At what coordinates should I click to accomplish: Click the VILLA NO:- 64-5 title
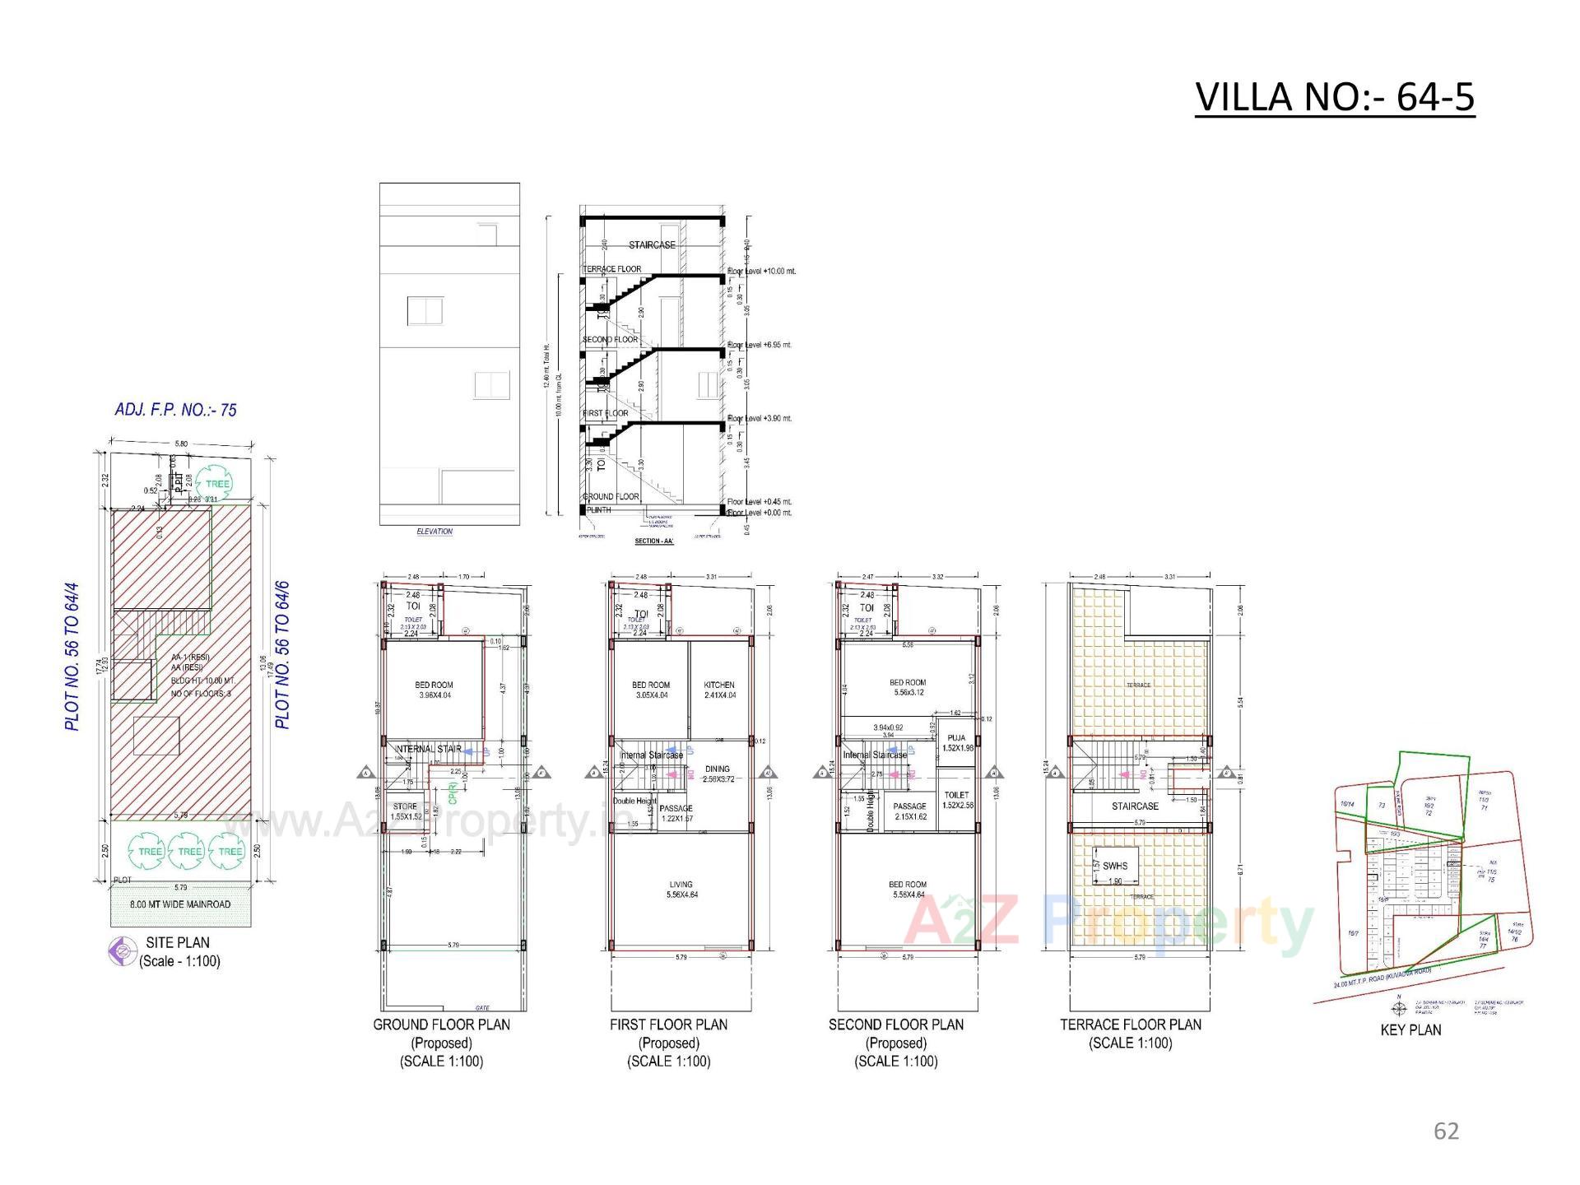click(x=1334, y=97)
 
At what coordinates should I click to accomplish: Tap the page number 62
click(x=1446, y=1132)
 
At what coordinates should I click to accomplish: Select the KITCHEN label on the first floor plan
click(x=719, y=690)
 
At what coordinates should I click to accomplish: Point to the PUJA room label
click(x=956, y=742)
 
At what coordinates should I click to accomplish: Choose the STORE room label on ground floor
click(x=406, y=811)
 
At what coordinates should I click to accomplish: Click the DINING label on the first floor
click(x=718, y=774)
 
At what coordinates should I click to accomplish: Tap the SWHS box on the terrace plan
click(x=1115, y=867)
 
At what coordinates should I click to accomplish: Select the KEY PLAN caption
click(x=1410, y=1029)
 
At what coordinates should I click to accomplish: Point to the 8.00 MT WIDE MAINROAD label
click(x=180, y=904)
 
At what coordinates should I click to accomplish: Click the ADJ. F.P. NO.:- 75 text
click(x=175, y=410)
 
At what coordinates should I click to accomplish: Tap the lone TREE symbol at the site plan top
click(x=217, y=484)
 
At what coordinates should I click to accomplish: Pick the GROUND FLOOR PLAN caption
click(x=441, y=1025)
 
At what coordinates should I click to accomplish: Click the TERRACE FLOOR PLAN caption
click(x=1130, y=1025)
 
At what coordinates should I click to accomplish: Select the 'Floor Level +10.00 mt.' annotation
click(x=762, y=270)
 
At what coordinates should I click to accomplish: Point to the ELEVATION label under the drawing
click(x=434, y=532)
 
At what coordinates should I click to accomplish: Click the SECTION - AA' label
click(x=654, y=541)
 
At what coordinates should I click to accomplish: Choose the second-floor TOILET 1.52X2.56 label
click(x=956, y=800)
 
